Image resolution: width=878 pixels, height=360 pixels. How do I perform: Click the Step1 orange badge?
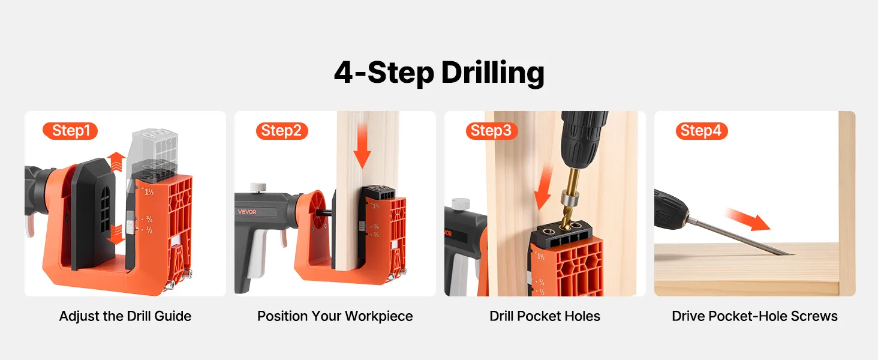pyautogui.click(x=70, y=131)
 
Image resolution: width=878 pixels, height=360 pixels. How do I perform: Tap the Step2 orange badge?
pyautogui.click(x=282, y=131)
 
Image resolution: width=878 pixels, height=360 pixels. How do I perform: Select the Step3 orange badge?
pyautogui.click(x=492, y=131)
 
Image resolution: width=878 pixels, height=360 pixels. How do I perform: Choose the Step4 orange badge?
pyautogui.click(x=702, y=131)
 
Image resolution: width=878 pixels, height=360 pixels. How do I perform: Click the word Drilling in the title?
pyautogui.click(x=493, y=73)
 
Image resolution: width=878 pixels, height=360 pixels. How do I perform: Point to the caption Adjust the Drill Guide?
pyautogui.click(x=125, y=316)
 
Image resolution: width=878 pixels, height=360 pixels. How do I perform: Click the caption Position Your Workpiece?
pyautogui.click(x=335, y=316)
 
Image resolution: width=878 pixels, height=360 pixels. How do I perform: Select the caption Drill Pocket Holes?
pyautogui.click(x=545, y=316)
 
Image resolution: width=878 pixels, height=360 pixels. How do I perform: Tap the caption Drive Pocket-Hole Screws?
pyautogui.click(x=754, y=316)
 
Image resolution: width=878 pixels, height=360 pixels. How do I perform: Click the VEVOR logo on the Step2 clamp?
pyautogui.click(x=247, y=212)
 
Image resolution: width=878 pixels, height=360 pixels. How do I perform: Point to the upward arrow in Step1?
pyautogui.click(x=116, y=162)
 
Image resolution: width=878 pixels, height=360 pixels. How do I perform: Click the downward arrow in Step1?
pyautogui.click(x=116, y=235)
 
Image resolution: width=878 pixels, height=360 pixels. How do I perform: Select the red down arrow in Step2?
pyautogui.click(x=362, y=146)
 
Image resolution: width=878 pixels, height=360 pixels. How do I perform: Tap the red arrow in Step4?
pyautogui.click(x=748, y=220)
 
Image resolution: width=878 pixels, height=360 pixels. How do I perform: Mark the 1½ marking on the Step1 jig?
pyautogui.click(x=149, y=192)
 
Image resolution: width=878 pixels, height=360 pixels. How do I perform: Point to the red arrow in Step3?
pyautogui.click(x=544, y=188)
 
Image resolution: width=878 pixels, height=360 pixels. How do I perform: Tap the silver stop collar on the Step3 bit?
pyautogui.click(x=567, y=197)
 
